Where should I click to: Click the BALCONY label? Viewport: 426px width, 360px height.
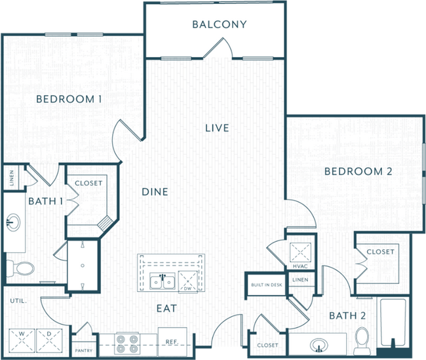click(219, 25)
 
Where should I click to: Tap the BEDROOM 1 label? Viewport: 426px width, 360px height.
click(69, 99)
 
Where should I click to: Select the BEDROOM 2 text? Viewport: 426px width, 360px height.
click(358, 171)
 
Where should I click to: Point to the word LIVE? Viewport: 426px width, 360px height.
click(216, 127)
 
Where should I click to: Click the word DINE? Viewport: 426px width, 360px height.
click(155, 192)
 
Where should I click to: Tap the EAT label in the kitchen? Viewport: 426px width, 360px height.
click(166, 308)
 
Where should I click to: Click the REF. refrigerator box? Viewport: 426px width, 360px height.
click(173, 341)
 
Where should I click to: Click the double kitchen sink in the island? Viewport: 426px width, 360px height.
click(161, 283)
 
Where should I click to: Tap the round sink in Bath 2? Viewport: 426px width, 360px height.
click(319, 344)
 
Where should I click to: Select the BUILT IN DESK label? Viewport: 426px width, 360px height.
click(265, 285)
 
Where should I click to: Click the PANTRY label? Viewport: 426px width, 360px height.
click(83, 351)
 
